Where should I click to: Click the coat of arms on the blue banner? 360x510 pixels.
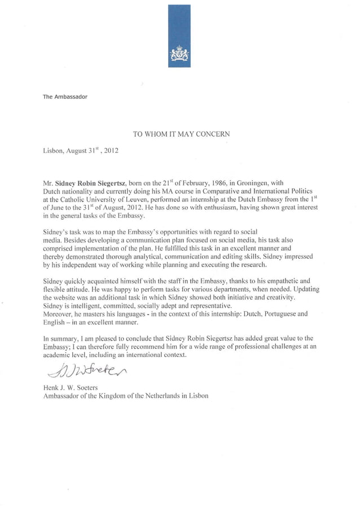179,55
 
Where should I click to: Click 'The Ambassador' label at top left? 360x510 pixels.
65,97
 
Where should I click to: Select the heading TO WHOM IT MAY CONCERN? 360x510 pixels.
181,134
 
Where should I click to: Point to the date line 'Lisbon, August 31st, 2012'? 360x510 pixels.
81,151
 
